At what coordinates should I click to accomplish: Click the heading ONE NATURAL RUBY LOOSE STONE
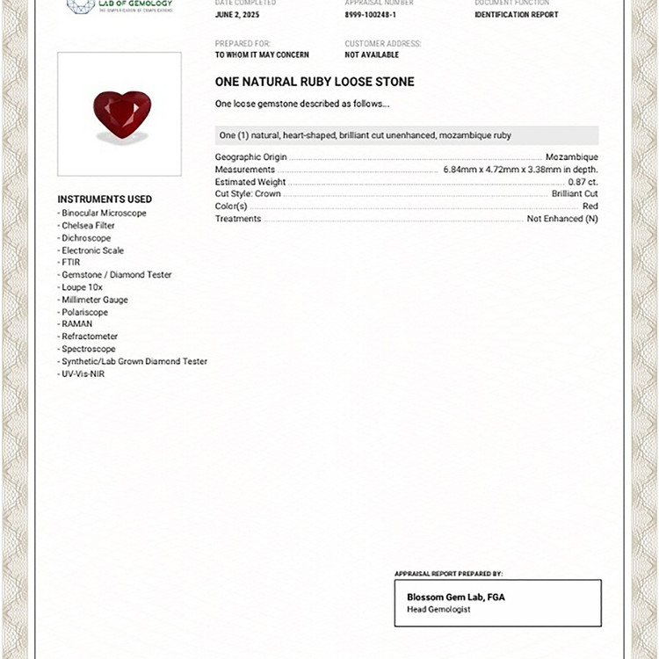[315, 82]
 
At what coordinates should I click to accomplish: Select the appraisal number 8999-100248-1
[371, 15]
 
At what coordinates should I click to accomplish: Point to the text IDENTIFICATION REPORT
[516, 15]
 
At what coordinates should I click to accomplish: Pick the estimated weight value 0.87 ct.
[583, 182]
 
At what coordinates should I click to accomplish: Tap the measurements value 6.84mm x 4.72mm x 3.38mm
[520, 170]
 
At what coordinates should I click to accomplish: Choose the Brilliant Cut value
[575, 194]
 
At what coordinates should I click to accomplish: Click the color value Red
[590, 206]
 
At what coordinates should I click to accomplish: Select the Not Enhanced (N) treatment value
[562, 219]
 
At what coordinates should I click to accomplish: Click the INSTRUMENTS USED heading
[105, 199]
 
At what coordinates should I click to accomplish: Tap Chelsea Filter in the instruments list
[88, 226]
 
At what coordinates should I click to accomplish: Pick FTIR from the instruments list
[70, 263]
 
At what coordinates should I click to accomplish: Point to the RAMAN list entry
[76, 324]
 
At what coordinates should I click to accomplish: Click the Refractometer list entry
[89, 337]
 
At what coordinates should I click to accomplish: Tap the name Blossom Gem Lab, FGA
[455, 597]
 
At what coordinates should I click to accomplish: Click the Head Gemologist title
[438, 610]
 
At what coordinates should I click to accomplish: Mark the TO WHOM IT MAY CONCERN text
[262, 54]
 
